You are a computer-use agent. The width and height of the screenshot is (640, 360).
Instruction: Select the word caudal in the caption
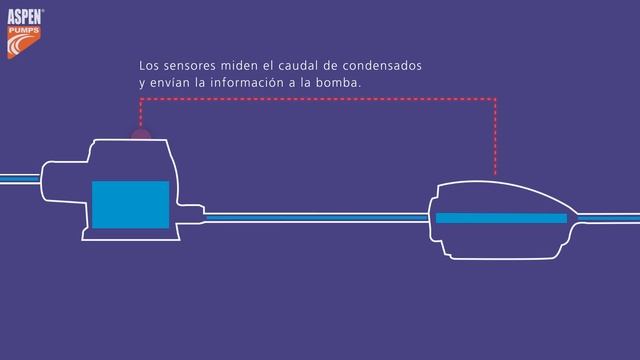click(x=297, y=66)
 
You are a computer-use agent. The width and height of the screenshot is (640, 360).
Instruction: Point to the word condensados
click(x=382, y=66)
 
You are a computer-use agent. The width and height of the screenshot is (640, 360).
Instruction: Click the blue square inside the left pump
click(x=130, y=204)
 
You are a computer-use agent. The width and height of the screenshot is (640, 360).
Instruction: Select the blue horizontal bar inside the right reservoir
click(x=501, y=218)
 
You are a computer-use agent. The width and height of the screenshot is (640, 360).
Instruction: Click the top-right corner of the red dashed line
click(x=496, y=99)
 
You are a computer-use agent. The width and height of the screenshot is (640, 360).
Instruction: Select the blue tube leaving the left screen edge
click(x=18, y=179)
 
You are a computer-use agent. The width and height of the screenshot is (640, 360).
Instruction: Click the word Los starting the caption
click(x=148, y=66)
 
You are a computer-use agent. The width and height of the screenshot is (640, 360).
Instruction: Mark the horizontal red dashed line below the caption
click(x=320, y=99)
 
